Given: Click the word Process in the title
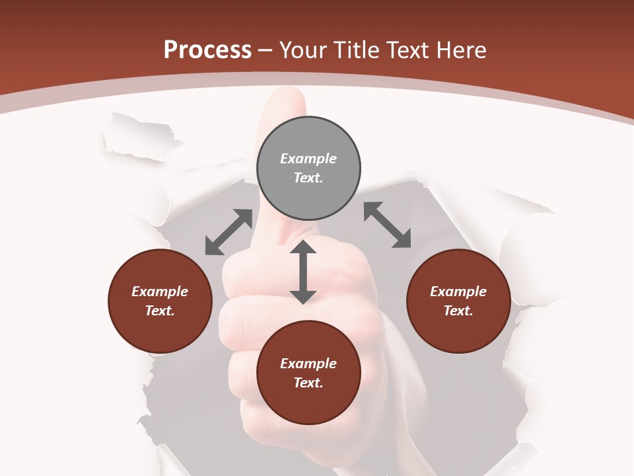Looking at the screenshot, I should (207, 50).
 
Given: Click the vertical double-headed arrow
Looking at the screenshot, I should (303, 272).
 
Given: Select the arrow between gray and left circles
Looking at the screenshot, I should (229, 232).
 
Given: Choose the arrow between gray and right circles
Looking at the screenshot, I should (388, 225).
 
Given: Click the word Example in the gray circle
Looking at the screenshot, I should (308, 159).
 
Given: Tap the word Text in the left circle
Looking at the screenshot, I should (160, 311).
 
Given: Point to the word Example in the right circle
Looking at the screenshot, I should (458, 292).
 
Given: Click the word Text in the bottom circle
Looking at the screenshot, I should (308, 383).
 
